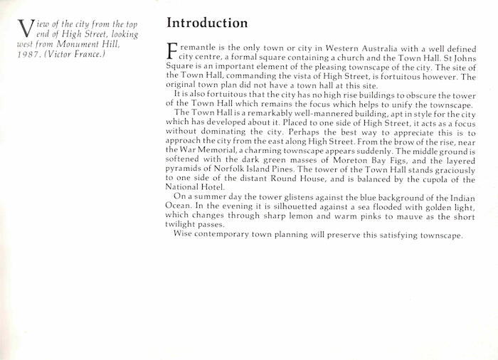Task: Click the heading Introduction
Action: click(x=207, y=23)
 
